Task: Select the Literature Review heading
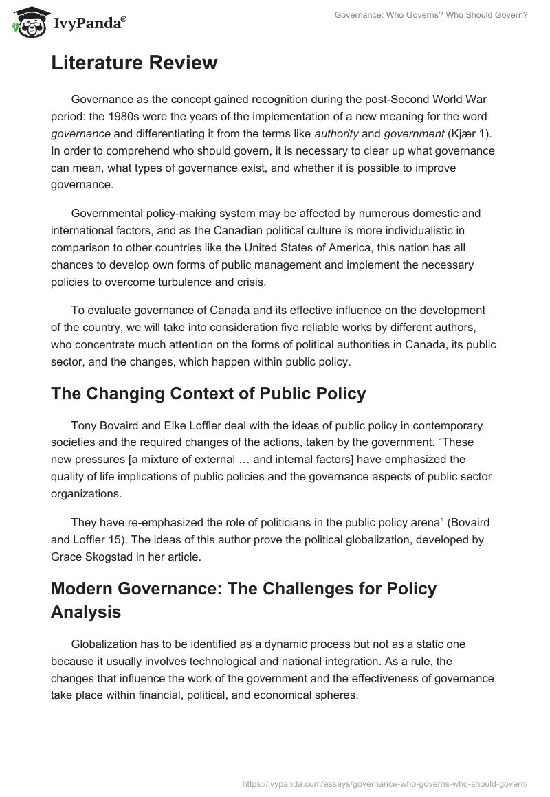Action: tap(134, 63)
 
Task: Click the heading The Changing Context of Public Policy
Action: tap(208, 394)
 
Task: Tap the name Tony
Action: tap(85, 425)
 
